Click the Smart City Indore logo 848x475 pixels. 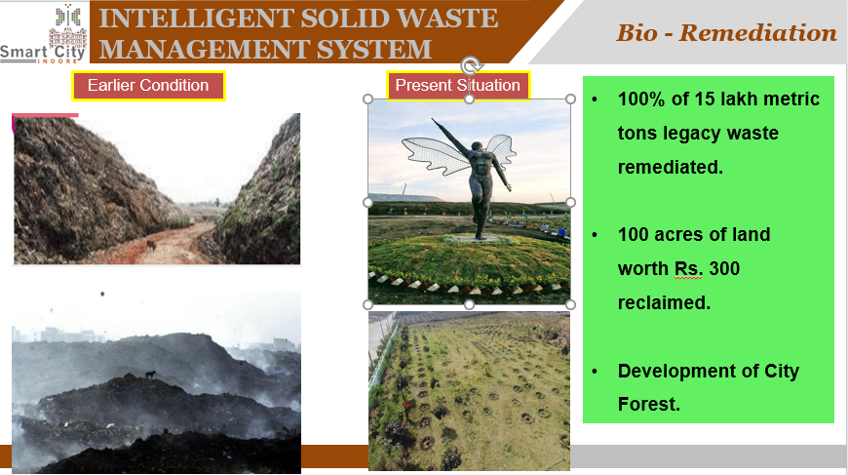tap(43, 33)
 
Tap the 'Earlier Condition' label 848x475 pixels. tap(148, 86)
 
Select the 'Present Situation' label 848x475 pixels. tap(458, 86)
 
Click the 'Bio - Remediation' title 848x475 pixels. tap(726, 33)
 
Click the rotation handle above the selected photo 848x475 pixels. tap(471, 66)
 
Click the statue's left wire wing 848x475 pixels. tap(435, 156)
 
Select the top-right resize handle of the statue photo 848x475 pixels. tap(570, 99)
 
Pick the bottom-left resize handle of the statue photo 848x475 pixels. tap(367, 304)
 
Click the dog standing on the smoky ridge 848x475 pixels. tap(150, 375)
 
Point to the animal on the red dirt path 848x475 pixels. tap(151, 246)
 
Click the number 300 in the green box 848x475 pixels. tap(724, 269)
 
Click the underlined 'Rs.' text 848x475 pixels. tap(688, 269)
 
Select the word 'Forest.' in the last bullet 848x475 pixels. tap(649, 404)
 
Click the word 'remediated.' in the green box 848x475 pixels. tap(671, 167)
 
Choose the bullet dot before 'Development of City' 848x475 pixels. tap(596, 372)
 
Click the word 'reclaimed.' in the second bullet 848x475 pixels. tap(664, 303)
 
